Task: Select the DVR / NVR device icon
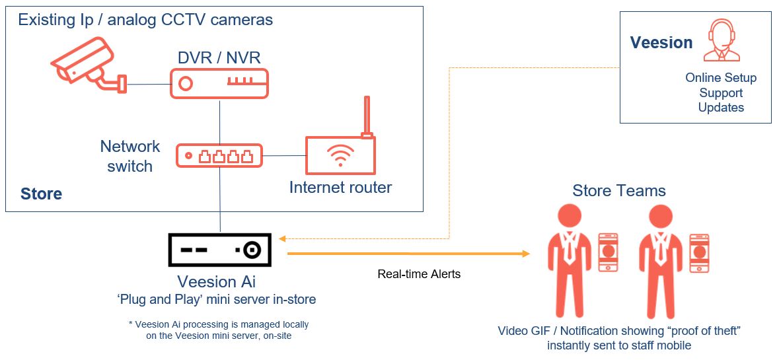pos(219,83)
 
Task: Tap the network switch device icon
pos(219,156)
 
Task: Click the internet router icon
pos(340,156)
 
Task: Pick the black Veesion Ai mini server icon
pos(219,250)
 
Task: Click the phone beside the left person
pos(608,252)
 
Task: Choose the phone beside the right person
pos(699,252)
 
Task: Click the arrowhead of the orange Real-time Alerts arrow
pos(526,254)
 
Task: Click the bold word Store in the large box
pos(41,194)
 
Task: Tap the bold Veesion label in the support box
pos(661,43)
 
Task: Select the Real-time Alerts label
pos(419,274)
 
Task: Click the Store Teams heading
pos(618,192)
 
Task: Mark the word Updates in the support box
pos(721,108)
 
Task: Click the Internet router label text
pos(340,188)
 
